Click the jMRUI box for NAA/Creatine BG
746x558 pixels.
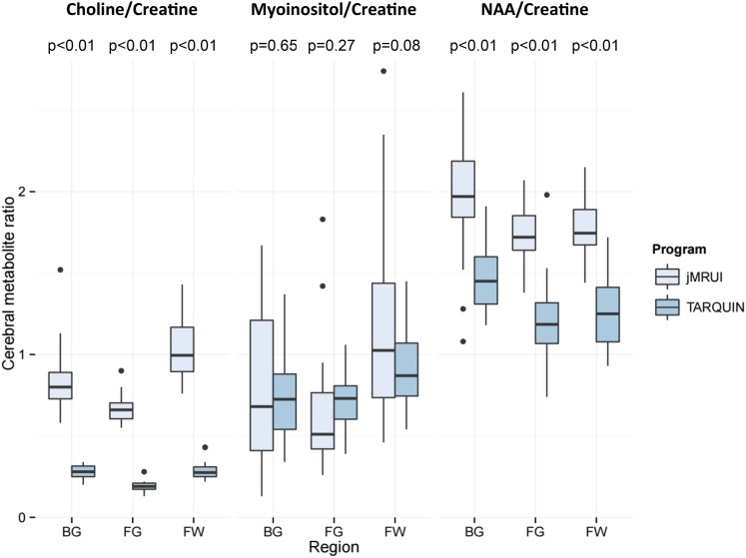462,190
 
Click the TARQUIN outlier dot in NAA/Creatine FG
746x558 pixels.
546,196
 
